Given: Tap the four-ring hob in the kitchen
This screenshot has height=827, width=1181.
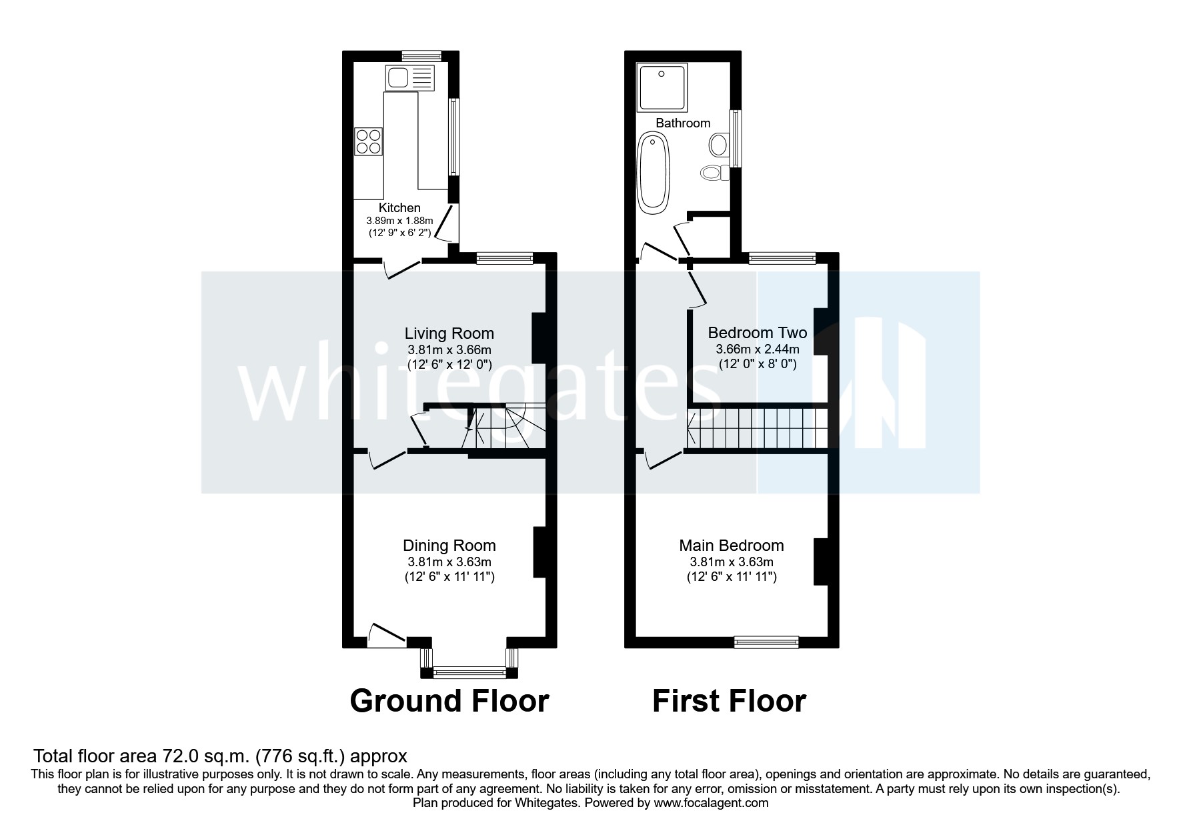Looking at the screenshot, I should tap(369, 141).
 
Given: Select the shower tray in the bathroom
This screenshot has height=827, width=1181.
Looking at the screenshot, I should tap(662, 87).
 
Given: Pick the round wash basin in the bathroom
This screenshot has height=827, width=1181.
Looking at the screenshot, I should tap(719, 143).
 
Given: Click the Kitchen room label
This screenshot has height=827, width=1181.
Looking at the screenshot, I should tap(399, 207).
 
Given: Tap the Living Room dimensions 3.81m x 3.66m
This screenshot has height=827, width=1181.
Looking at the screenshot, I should tap(449, 349).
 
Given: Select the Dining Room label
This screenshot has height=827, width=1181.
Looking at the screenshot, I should tap(449, 546).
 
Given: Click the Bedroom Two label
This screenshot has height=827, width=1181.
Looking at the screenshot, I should tap(757, 332).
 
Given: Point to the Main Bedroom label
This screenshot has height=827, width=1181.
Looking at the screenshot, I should tap(731, 546).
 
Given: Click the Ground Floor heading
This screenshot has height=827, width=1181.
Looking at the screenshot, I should tap(449, 701).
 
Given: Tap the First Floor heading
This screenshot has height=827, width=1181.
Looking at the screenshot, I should tap(729, 701).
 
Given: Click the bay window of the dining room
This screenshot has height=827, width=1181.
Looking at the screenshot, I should tap(469, 671).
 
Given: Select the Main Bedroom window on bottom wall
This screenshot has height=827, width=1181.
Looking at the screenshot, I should tap(766, 642).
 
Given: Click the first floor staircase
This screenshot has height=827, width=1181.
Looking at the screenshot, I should tap(757, 428).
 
